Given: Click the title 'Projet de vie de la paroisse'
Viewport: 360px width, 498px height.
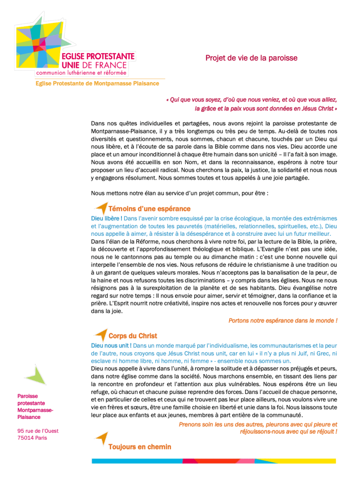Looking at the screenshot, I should pyautogui.click(x=251, y=58).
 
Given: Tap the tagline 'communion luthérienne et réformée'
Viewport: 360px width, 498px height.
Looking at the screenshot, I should pyautogui.click(x=81, y=73).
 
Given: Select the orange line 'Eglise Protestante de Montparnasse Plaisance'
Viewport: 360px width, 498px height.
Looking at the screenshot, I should pyautogui.click(x=97, y=84).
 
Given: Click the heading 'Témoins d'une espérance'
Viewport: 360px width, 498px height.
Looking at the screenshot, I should pyautogui.click(x=149, y=209).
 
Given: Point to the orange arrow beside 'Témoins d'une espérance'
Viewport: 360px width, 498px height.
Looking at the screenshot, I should pyautogui.click(x=101, y=208).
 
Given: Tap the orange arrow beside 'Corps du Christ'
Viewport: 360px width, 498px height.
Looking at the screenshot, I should pyautogui.click(x=101, y=335).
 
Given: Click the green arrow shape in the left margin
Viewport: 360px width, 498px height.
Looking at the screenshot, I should pyautogui.click(x=35, y=376).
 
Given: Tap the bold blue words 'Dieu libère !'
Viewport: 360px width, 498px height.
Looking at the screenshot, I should pyautogui.click(x=107, y=218).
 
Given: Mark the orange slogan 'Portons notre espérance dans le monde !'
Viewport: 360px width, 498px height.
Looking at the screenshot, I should pyautogui.click(x=282, y=321).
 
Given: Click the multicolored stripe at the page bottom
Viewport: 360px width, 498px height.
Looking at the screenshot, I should pyautogui.click(x=214, y=461).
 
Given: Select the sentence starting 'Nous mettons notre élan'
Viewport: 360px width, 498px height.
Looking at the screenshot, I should pyautogui.click(x=180, y=193).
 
